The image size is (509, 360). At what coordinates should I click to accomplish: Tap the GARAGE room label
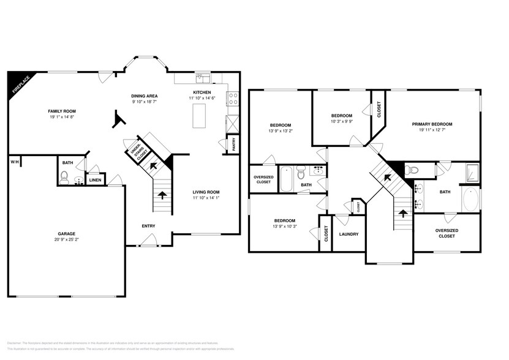coord(66,234)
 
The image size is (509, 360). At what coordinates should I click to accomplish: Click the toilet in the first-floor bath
coord(66,179)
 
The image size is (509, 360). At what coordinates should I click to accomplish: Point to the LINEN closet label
coord(94,180)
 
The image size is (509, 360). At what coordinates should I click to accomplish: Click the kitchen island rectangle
coord(199,116)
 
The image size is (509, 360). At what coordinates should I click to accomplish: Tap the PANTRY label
coord(233,144)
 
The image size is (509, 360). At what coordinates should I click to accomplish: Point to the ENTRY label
coord(148,226)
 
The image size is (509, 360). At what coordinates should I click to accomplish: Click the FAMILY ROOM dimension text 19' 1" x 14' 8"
coord(66,118)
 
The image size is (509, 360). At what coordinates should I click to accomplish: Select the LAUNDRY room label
coord(348,234)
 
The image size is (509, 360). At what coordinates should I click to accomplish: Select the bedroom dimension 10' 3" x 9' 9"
coord(341,122)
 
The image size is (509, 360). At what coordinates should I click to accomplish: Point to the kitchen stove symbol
coord(233,96)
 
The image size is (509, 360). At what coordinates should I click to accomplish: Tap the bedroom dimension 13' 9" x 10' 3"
coord(284,227)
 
